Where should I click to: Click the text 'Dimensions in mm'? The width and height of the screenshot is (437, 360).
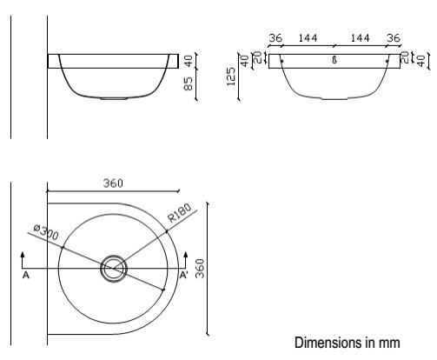pyautogui.click(x=348, y=343)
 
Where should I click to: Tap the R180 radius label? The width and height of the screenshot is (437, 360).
pyautogui.click(x=180, y=213)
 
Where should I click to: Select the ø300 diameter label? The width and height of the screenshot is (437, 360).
pyautogui.click(x=46, y=232)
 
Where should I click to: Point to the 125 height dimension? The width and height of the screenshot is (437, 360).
pyautogui.click(x=231, y=77)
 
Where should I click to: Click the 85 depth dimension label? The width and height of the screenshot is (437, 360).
pyautogui.click(x=189, y=83)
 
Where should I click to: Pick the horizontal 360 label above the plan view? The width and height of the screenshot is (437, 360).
pyautogui.click(x=113, y=183)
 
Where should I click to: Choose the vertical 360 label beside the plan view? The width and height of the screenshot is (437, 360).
pyautogui.click(x=200, y=269)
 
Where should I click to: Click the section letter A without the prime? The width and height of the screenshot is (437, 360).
pyautogui.click(x=26, y=275)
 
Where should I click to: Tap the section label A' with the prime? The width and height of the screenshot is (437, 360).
pyautogui.click(x=184, y=275)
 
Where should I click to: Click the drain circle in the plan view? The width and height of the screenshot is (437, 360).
pyautogui.click(x=114, y=255)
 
